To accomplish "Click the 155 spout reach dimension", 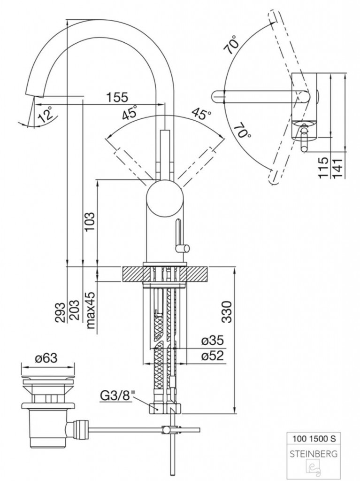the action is pos(117,97).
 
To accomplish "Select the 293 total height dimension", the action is pos(61,312).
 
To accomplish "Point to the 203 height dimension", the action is pos(74,310).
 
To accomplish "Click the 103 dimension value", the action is pos(90,222).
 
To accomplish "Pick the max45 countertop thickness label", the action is pos(91,310).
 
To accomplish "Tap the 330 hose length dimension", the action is pos(226,312).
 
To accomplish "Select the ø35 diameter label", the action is pos(213,340).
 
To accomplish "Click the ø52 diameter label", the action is pos(213,356).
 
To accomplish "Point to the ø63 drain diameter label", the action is pos(46,357).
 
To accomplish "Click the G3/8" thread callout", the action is pos(117,396).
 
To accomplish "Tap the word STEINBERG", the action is pos(314,453).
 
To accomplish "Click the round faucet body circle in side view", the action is pos(165,198).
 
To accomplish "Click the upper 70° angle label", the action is pos(232,45).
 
